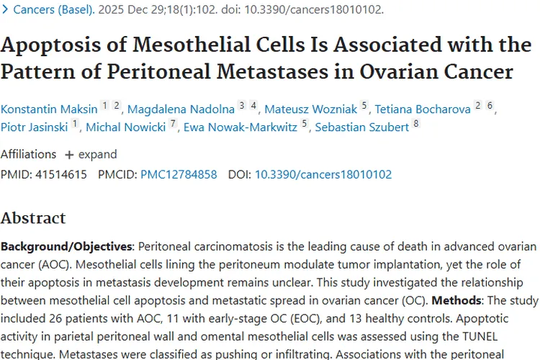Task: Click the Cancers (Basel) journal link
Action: pos(54,10)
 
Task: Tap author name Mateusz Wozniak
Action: pos(311,109)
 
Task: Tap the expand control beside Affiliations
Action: pos(91,154)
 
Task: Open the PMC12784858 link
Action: pos(179,174)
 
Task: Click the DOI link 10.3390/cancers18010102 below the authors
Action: pos(323,174)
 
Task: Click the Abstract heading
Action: pos(33,217)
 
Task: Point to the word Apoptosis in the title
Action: pos(55,45)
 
